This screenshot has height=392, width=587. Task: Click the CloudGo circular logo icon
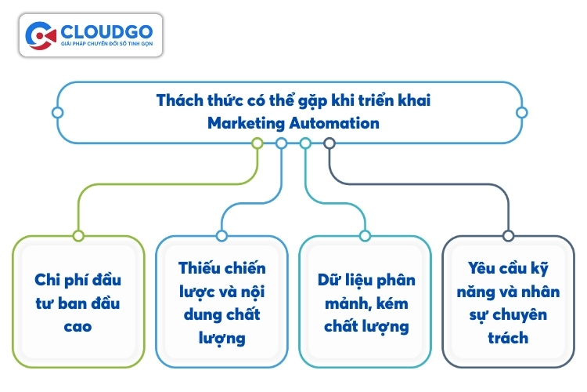(x=41, y=35)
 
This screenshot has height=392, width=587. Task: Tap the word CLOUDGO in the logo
(x=106, y=32)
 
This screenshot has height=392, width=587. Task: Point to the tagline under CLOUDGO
(x=106, y=44)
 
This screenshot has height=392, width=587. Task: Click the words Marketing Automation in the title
(x=293, y=123)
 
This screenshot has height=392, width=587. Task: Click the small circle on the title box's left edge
(x=57, y=113)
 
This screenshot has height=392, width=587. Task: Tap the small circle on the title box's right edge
(x=522, y=113)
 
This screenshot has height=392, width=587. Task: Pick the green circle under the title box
(x=257, y=143)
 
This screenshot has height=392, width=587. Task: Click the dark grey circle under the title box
(x=330, y=143)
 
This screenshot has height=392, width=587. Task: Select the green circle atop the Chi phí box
(x=78, y=235)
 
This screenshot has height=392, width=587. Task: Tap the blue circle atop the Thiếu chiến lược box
(x=221, y=235)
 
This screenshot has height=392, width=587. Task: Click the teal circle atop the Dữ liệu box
(x=365, y=235)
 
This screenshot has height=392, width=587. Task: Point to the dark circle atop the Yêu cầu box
(x=509, y=235)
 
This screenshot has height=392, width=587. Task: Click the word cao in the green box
(x=77, y=327)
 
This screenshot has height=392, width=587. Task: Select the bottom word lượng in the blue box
(x=222, y=339)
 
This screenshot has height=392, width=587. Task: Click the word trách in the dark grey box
(x=508, y=338)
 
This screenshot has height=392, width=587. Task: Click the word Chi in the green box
(x=47, y=280)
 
